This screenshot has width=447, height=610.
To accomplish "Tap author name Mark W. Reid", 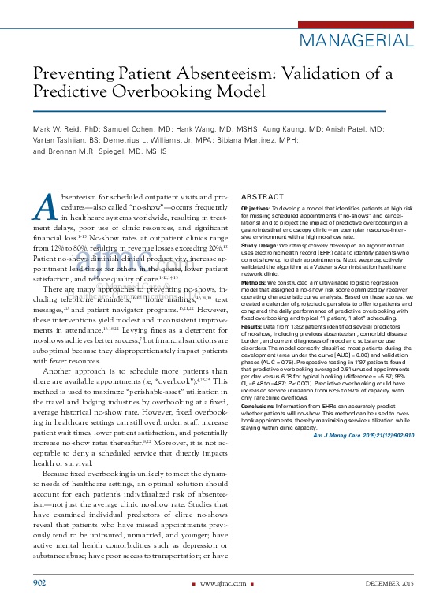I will [63, 128].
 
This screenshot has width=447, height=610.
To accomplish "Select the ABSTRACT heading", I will [263, 196].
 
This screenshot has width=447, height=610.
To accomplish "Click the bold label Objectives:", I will [257, 208].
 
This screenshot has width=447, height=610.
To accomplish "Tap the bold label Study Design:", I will [261, 244].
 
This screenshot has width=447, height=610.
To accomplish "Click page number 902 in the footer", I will [39, 582].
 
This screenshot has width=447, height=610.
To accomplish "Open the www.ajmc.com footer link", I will [222, 583].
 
